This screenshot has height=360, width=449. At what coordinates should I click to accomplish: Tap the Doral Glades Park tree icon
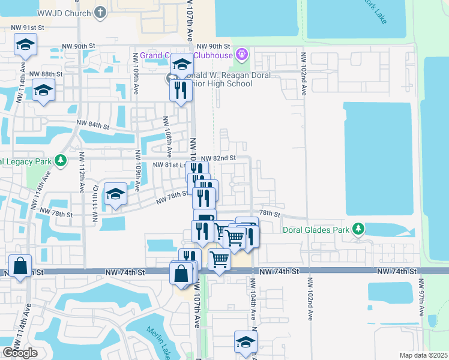(358, 229)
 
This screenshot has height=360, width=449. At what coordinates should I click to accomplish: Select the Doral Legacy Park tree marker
(60, 161)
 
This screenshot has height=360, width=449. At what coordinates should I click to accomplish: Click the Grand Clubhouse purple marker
(242, 55)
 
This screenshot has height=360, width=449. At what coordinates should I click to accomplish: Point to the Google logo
(20, 353)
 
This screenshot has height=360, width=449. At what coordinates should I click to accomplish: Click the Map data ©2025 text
(424, 355)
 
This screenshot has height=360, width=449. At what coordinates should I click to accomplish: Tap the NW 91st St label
(28, 28)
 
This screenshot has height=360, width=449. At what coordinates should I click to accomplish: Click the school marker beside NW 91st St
(25, 44)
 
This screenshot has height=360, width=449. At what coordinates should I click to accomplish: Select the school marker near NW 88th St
(43, 91)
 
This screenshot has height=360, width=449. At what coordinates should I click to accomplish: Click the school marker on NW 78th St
(115, 194)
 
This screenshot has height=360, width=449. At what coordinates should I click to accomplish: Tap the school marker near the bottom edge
(245, 343)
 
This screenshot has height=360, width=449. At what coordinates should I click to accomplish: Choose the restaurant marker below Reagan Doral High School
(180, 91)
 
